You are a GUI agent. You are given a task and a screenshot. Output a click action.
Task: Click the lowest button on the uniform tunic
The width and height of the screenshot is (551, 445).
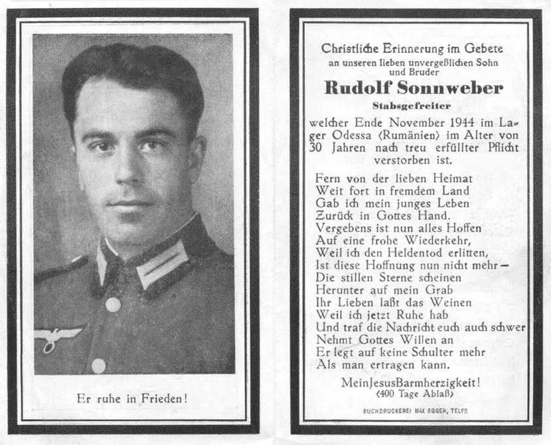pos(98,365)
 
